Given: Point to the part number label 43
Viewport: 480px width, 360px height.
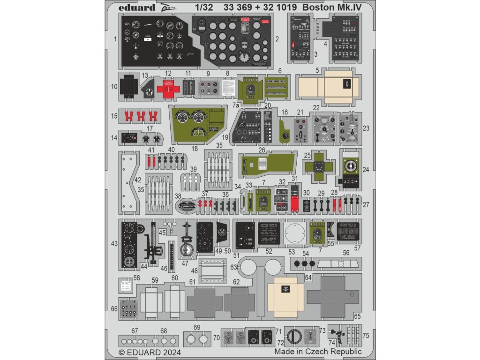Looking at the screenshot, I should coord(114,243).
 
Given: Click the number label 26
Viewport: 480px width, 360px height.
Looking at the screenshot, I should coord(262,151).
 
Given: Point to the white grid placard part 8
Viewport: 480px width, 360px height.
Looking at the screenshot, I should coord(228,87).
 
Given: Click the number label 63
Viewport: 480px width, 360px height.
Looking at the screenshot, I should coord(233,267).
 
